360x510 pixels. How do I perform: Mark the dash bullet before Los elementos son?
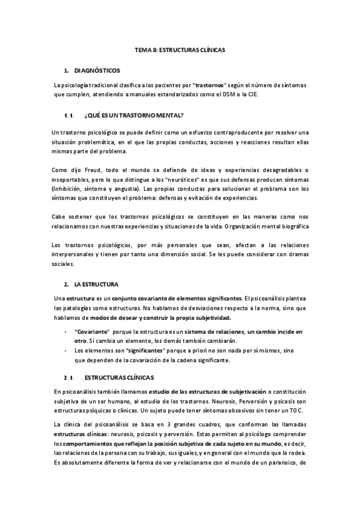(65, 351)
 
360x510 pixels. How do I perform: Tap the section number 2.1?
(68, 378)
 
